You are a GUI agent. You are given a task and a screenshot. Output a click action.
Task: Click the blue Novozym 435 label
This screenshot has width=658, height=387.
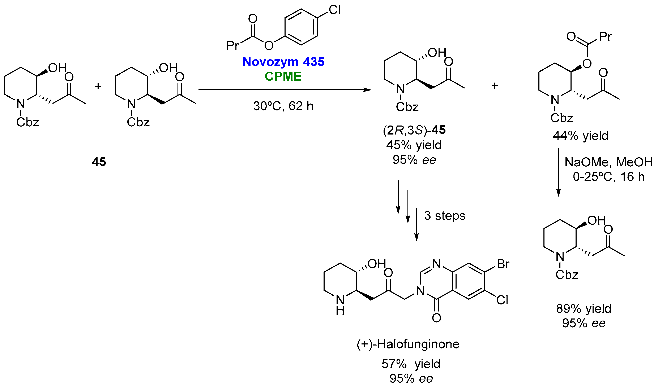tap(283, 62)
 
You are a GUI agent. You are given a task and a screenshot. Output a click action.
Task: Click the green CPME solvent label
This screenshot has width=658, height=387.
tap(283, 76)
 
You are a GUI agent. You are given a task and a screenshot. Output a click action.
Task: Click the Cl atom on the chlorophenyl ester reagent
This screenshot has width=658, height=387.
tap(334, 10)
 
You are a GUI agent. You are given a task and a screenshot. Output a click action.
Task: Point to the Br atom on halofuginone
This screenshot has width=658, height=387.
tap(503, 264)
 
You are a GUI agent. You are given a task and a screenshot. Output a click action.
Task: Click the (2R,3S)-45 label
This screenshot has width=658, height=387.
tap(414, 130)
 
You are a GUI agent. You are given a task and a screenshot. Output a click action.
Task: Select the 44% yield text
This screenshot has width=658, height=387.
tap(580, 136)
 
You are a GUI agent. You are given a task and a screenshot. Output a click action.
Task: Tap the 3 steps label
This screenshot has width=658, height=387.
tap(445, 216)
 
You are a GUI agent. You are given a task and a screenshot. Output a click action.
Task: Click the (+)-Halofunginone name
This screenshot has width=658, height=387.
tap(408, 344)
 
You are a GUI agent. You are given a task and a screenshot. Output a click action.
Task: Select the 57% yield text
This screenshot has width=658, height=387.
tap(411, 364)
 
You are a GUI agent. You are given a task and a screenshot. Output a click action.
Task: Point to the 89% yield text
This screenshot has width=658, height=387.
tap(584, 309)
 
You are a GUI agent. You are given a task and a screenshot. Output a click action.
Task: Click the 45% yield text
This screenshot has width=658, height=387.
tap(414, 145)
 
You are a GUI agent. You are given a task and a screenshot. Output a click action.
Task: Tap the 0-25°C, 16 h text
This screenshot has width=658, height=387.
tap(608, 177)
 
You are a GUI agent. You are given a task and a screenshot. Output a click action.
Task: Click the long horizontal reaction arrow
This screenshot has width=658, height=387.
tap(285, 90)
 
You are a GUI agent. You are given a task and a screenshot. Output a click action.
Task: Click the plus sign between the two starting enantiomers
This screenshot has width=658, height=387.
tap(98, 86)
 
